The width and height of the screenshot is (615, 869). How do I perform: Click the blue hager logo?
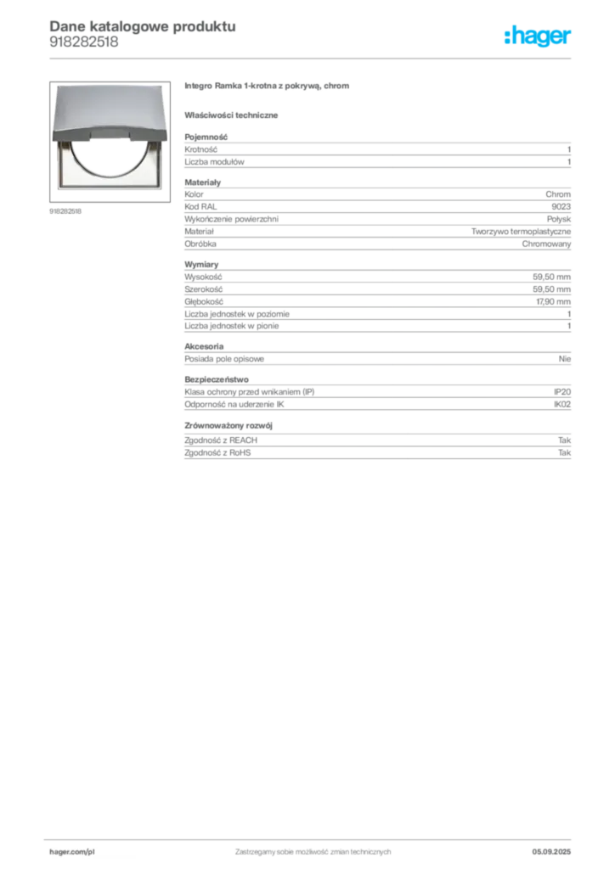(x=539, y=37)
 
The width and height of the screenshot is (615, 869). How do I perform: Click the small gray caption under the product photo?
(x=67, y=212)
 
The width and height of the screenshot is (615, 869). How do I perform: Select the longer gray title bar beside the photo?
(x=268, y=88)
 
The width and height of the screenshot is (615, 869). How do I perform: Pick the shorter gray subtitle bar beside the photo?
(x=234, y=115)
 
